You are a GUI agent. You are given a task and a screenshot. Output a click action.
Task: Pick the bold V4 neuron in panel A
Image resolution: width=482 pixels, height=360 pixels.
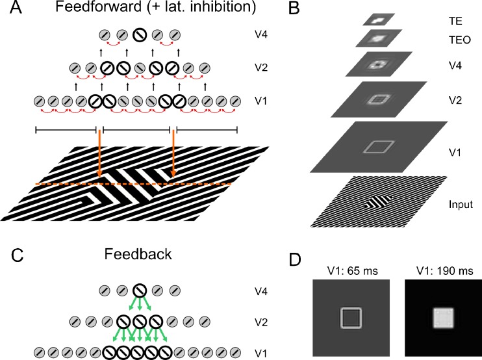pos(138,36)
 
